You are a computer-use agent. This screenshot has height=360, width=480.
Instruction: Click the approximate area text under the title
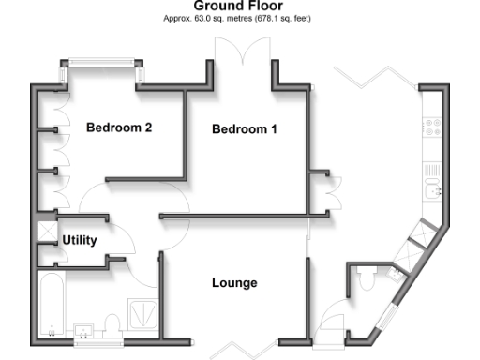238,18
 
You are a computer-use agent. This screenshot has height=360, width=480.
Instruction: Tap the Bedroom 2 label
119,127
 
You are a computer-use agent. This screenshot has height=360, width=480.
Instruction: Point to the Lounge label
234,282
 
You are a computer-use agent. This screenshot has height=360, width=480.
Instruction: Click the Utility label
80,240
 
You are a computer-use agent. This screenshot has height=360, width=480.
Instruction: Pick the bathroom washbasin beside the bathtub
85,331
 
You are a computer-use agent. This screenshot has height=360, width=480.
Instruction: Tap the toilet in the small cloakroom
369,278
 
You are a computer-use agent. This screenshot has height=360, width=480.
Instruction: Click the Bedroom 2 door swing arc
92,199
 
